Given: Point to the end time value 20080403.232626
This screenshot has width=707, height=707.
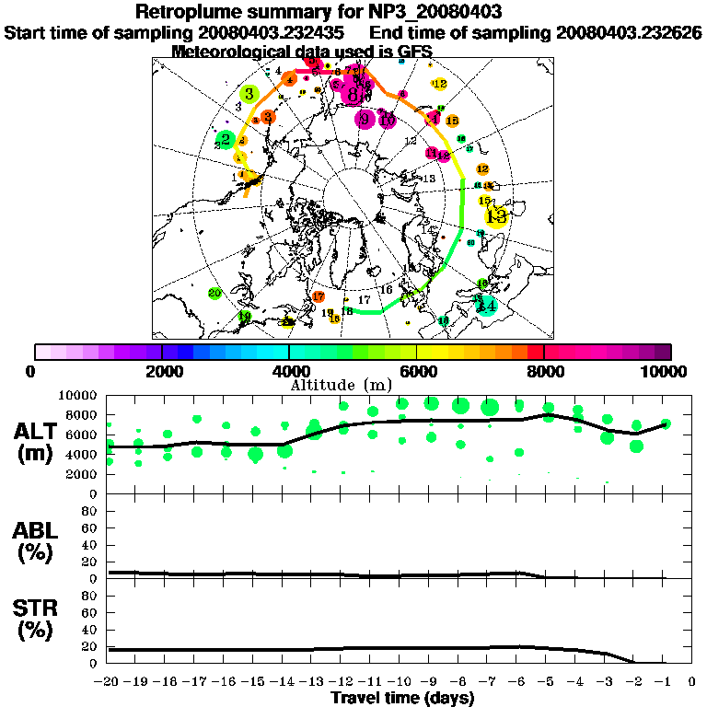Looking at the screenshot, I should click(629, 32).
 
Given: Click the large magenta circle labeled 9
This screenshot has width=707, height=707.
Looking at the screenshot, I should click(365, 119).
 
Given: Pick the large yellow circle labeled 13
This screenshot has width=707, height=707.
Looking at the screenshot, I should click(497, 216).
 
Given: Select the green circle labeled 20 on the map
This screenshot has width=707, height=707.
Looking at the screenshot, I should click(214, 294).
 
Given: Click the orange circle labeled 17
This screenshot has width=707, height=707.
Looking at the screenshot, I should click(319, 296).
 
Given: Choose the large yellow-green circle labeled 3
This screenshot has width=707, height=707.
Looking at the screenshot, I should click(249, 93).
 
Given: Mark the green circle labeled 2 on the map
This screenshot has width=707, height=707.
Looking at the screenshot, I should click(225, 140).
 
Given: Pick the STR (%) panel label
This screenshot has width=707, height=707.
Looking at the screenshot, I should click(33, 620).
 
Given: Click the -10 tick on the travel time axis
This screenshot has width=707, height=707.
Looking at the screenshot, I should click(401, 681).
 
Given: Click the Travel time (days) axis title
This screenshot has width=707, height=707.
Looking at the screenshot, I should click(402, 698).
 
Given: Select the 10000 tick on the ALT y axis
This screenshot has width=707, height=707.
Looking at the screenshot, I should click(79, 395).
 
